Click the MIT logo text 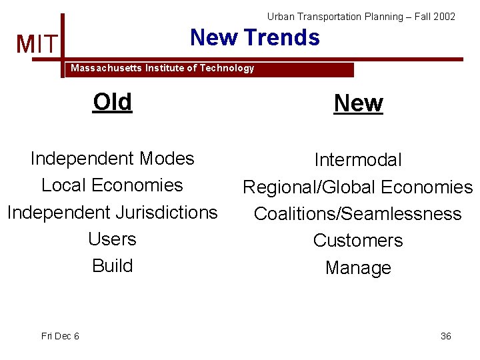(37, 45)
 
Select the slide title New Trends (255, 37)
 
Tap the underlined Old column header (113, 102)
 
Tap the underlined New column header (358, 103)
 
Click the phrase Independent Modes (112, 159)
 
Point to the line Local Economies (112, 185)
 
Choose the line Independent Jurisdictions (112, 212)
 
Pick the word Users (112, 239)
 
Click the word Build (112, 265)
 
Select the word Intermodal (358, 160)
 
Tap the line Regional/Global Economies (358, 187)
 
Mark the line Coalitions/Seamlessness (358, 214)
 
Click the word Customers (358, 241)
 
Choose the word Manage (358, 268)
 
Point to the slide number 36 (445, 336)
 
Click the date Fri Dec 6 (60, 336)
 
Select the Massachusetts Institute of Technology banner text (163, 68)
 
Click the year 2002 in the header (444, 17)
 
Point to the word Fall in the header (423, 17)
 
